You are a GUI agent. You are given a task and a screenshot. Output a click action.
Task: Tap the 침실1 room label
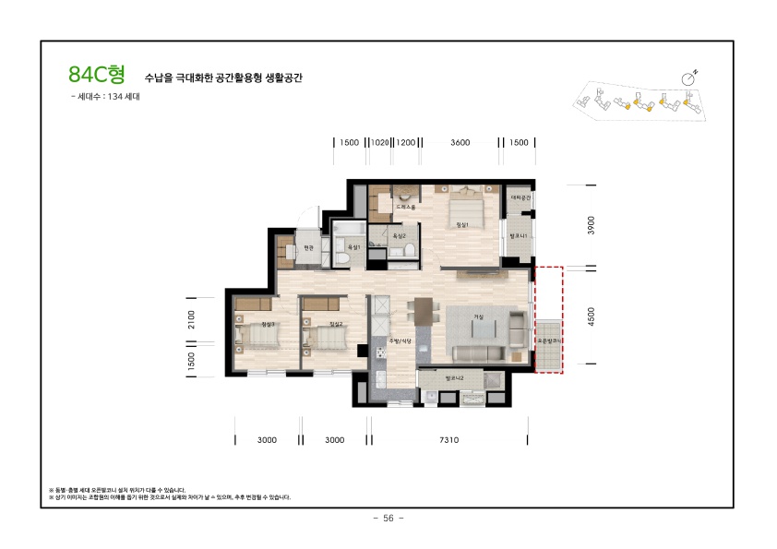tap(462, 224)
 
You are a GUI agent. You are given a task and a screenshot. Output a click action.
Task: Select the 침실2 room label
tap(336, 325)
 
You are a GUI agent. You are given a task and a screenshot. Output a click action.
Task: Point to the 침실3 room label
tap(269, 325)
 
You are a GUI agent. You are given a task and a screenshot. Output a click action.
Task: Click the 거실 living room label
tap(479, 316)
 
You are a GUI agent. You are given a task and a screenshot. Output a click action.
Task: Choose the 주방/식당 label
tap(399, 340)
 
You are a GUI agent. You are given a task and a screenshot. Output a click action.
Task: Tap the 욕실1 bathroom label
tap(352, 236)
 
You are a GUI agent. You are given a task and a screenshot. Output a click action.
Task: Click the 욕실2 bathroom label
tap(400, 235)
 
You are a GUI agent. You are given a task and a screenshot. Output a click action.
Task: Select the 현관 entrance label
tap(308, 247)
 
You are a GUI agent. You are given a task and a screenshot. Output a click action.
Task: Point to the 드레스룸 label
tap(406, 208)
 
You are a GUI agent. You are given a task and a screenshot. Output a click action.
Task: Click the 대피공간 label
tap(521, 197)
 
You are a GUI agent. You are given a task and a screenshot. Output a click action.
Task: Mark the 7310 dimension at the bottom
tap(448, 440)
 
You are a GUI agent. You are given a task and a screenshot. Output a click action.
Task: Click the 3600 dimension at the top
tap(460, 142)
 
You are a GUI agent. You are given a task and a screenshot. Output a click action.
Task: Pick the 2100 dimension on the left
tap(191, 318)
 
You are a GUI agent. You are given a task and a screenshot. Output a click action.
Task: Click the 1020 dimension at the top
tap(379, 142)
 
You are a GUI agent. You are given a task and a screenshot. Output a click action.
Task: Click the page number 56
tap(388, 519)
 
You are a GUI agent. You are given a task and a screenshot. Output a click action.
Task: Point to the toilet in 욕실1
tap(341, 259)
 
